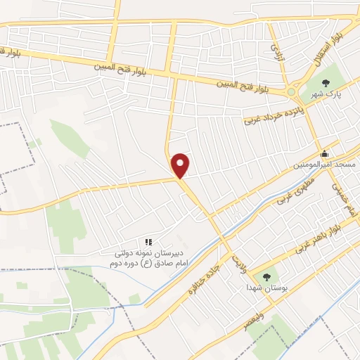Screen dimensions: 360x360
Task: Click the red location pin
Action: click(181, 165)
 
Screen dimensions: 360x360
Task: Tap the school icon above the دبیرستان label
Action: click(148, 243)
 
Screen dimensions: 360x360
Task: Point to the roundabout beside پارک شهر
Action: click(291, 91)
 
